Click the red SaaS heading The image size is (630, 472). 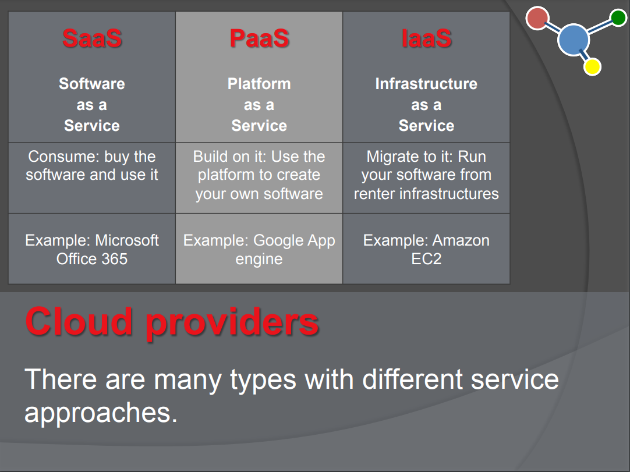(92, 38)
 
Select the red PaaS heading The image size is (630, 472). (259, 38)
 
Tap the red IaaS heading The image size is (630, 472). (426, 38)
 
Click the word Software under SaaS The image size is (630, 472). (92, 84)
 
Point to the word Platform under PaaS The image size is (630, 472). (259, 84)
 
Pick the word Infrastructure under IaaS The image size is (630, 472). (426, 84)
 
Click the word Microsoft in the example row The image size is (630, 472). (127, 240)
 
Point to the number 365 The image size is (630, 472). (115, 258)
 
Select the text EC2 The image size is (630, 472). (426, 258)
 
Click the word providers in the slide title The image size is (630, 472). (232, 324)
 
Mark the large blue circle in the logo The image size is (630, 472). (574, 40)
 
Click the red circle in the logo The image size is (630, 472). (537, 18)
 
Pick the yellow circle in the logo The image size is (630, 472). (592, 67)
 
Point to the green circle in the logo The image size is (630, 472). (618, 17)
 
